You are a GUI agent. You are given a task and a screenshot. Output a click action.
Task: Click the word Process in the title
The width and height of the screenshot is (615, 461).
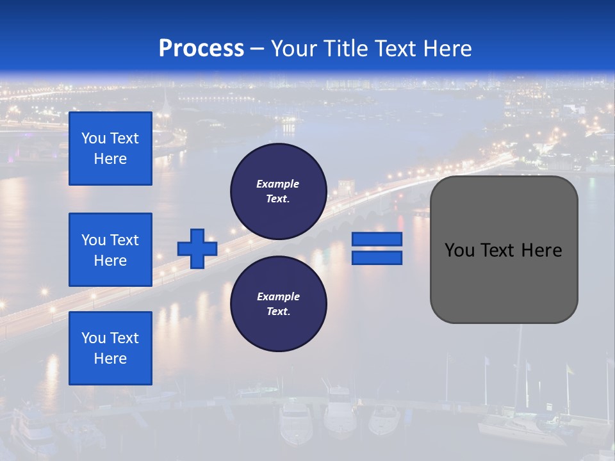point(201,49)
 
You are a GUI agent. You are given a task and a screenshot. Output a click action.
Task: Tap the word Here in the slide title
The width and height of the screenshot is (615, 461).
point(447,49)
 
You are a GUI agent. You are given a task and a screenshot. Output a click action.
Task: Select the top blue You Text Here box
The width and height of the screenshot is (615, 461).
point(110,149)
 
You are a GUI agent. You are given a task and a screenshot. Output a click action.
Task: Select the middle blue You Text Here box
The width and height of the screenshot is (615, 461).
point(110,250)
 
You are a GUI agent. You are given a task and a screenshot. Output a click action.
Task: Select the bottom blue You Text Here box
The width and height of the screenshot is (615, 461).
point(110,348)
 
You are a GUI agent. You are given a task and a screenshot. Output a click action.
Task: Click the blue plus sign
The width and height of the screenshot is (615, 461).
point(197,248)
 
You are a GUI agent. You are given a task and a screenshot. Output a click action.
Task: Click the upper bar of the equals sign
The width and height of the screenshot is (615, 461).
point(377,239)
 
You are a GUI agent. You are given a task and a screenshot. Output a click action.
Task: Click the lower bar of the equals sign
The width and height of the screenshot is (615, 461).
point(377,257)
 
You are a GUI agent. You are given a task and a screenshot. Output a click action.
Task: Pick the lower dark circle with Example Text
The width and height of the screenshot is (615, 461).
point(279,304)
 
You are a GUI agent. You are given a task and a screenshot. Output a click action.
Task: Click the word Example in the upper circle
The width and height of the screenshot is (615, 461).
point(278,184)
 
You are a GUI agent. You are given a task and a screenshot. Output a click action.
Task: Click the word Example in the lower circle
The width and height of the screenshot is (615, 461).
point(278,296)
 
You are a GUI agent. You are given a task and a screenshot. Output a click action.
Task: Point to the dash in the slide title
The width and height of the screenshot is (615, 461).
point(258,49)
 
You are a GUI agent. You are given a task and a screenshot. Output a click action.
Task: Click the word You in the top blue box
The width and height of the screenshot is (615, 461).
point(94,138)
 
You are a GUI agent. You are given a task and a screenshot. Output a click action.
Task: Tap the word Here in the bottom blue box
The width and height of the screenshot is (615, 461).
point(110,359)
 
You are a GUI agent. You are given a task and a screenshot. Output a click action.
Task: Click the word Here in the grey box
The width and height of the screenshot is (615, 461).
point(541,250)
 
